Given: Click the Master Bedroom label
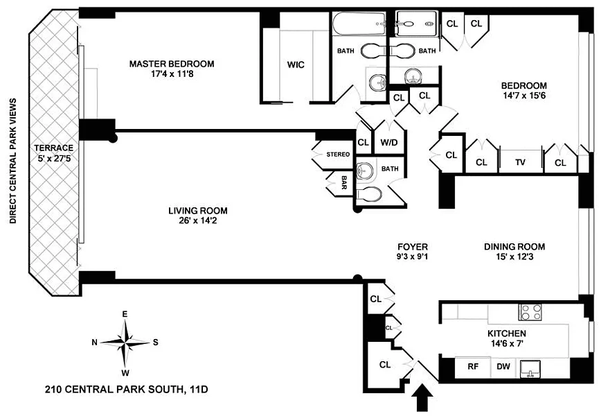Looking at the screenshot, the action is (x=172, y=64).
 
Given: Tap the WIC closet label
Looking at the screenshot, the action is (x=296, y=65).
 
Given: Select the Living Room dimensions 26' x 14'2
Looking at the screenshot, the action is (x=197, y=222).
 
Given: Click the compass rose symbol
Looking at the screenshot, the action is (x=125, y=341).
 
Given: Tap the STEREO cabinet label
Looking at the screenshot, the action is (x=338, y=155).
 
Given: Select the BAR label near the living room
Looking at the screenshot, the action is (x=344, y=182).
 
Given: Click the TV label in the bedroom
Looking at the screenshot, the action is (x=520, y=164).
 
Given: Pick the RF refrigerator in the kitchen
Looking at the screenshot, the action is (x=474, y=367).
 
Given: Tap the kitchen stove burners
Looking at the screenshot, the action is (x=530, y=312).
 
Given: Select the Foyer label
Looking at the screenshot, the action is (x=412, y=246).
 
